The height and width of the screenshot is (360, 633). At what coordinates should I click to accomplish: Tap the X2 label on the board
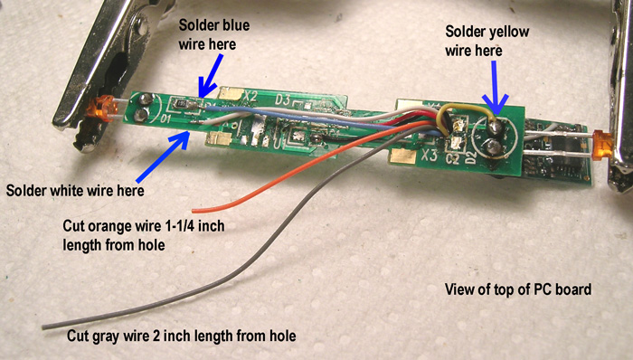[250, 96]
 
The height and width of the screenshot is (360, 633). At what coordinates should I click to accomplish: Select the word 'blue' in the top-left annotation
[203, 24]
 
